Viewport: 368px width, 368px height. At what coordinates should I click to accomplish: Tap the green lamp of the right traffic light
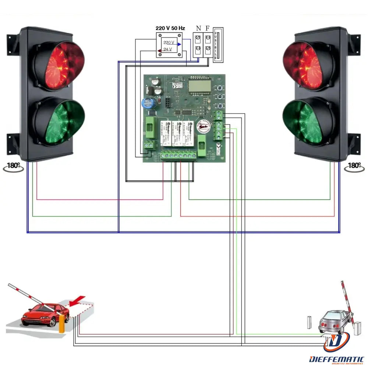308,122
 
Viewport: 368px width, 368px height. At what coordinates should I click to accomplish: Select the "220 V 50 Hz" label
170,28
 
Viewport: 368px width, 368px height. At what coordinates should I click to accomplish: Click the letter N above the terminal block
198,28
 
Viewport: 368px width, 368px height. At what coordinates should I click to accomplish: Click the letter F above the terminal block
208,28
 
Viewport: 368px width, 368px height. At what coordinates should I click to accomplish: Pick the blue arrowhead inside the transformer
179,44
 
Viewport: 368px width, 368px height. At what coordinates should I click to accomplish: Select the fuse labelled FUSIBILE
219,44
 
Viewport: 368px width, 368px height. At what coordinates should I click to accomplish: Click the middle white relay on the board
178,135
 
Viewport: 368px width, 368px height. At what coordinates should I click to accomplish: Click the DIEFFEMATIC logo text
337,359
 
